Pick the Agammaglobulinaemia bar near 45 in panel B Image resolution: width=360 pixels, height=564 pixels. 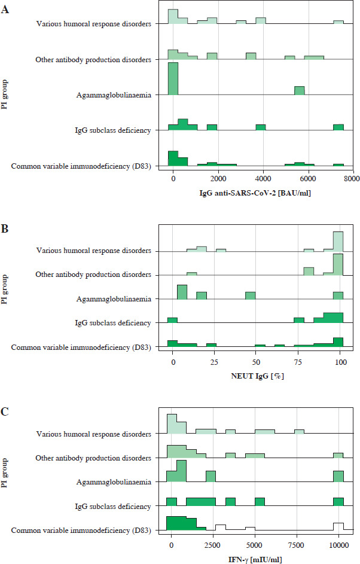pos(250,295)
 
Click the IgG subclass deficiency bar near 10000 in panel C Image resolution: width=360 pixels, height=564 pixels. pos(338,502)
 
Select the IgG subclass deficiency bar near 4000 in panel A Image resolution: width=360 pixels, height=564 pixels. pos(261,127)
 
